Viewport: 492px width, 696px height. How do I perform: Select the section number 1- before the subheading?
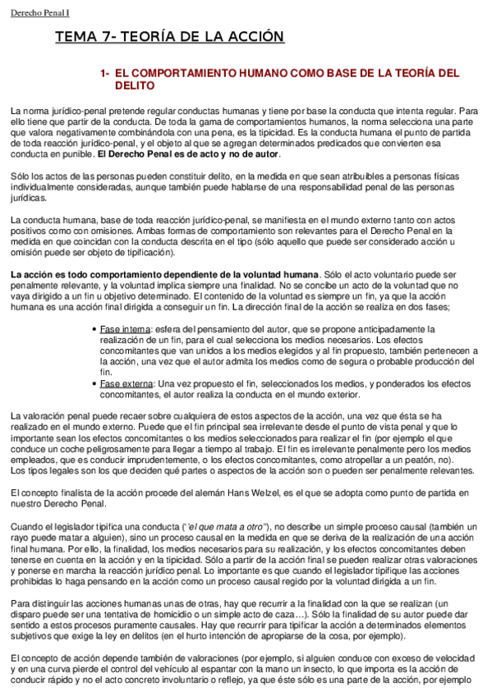tap(104, 73)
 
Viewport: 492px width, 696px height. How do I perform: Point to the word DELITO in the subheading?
tap(134, 85)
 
